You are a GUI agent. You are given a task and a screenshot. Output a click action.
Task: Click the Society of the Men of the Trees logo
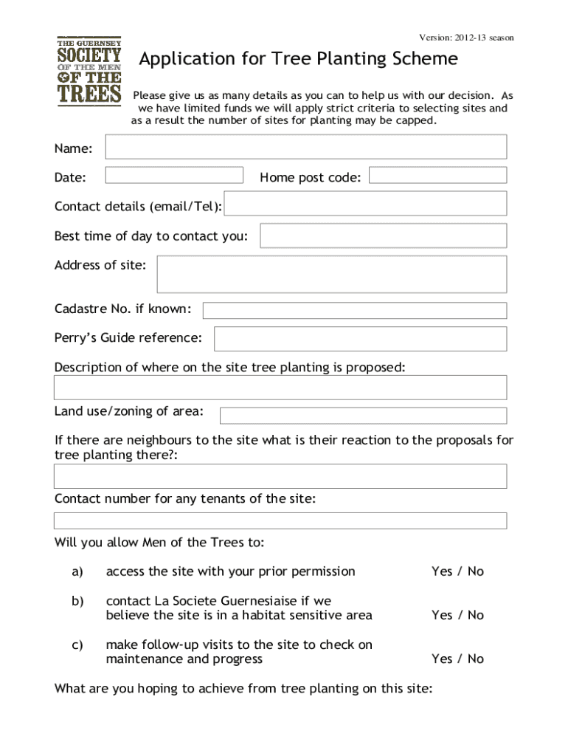point(89,71)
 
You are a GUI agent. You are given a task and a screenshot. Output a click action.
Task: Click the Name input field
point(305,147)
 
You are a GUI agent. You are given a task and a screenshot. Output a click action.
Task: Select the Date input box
point(174,175)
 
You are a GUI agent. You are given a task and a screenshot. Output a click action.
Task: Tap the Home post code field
point(437,175)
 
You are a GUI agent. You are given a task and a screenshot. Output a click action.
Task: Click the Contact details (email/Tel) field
point(365,204)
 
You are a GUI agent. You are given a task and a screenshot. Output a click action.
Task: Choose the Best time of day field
point(383,236)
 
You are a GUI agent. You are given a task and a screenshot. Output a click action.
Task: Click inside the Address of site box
point(332,275)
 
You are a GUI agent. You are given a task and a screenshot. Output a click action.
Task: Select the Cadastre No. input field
point(354,310)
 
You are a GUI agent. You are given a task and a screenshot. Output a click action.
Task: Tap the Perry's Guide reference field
point(360,339)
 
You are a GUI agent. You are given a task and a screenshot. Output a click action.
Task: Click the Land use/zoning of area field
point(363,416)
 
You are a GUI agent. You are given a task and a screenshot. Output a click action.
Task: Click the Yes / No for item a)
point(457,571)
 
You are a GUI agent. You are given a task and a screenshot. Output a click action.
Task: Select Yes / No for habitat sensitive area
point(457,615)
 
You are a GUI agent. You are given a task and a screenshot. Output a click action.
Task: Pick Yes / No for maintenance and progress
point(457,659)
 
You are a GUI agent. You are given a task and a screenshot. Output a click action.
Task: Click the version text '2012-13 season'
point(484,38)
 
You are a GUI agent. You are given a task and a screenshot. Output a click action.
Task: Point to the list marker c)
point(77,645)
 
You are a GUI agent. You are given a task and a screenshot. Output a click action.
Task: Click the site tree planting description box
point(280,388)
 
